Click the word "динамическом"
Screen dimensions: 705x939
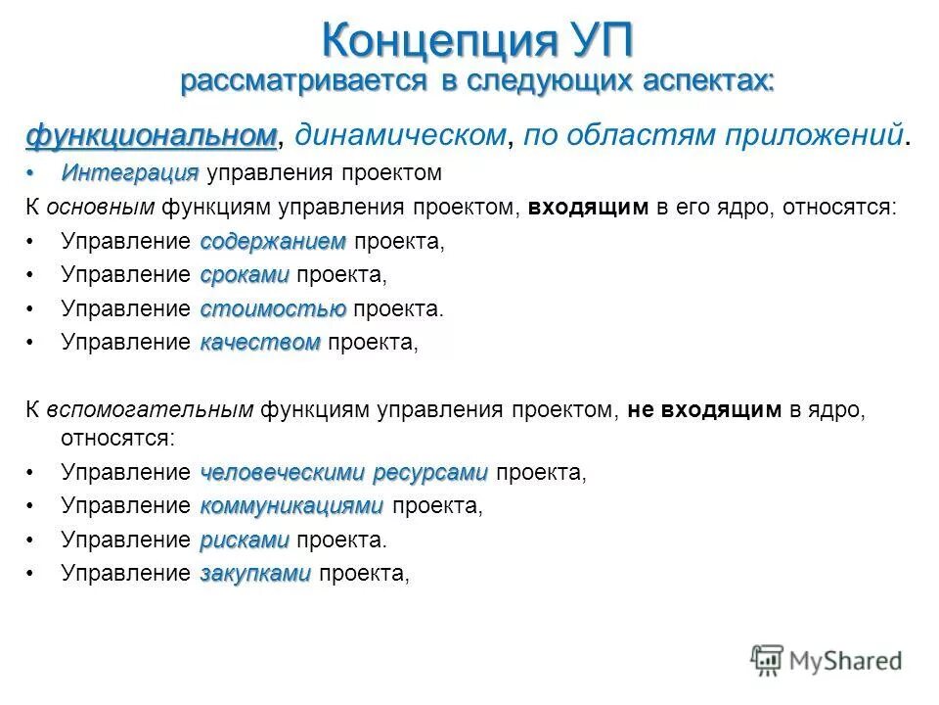coord(401,134)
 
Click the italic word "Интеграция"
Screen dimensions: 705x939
coord(129,173)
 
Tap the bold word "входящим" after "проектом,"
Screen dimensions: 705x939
coord(588,207)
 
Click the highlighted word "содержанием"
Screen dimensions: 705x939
coord(273,241)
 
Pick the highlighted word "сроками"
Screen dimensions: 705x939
coord(245,275)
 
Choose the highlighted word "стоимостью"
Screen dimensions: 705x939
coord(273,309)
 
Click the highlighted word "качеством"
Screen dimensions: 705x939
coord(260,343)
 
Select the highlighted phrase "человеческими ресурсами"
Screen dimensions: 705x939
coord(343,473)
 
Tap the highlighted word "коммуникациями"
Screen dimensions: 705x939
coord(291,506)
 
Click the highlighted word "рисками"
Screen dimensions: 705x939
coord(245,540)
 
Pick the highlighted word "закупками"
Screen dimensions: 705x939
coord(255,574)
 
